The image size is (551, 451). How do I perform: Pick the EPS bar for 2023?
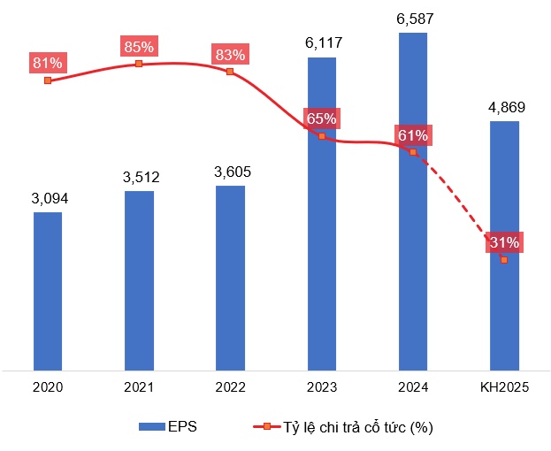(322, 213)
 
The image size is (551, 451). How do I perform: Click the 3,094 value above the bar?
(48, 197)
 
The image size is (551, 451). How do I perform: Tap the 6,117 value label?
(322, 42)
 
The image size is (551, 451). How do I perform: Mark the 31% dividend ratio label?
(504, 242)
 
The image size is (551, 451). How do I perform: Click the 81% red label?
(48, 63)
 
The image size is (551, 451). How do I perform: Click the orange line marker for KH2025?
(504, 260)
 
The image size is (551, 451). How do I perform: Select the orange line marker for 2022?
(230, 72)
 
